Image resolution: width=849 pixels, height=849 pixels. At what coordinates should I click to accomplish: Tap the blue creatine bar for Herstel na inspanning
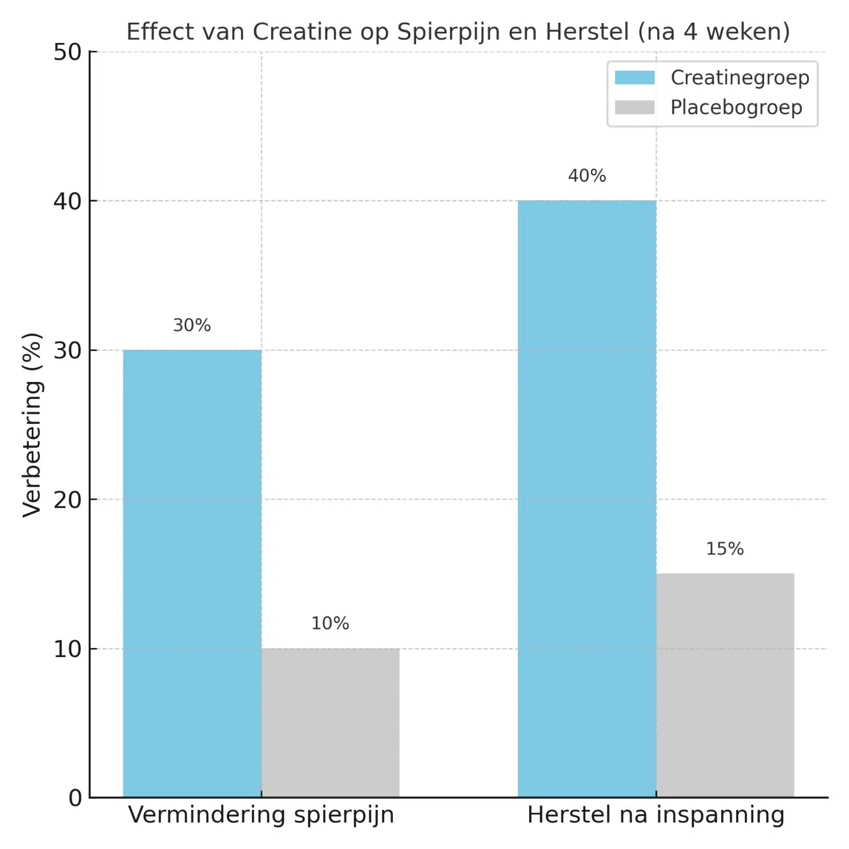tap(587, 498)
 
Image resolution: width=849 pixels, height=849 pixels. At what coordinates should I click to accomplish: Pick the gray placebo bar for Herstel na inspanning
tap(725, 685)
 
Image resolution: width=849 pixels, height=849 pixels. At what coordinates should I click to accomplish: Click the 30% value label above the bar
tap(192, 325)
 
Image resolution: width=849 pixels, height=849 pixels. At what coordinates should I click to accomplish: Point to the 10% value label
tap(330, 624)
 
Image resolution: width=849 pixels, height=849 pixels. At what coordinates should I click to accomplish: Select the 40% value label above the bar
tap(587, 176)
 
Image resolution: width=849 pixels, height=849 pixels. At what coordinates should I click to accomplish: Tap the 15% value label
tap(724, 549)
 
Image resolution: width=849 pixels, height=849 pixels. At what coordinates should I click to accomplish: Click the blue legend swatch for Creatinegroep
tap(634, 78)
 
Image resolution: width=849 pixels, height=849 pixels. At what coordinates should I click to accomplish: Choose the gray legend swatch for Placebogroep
tap(634, 108)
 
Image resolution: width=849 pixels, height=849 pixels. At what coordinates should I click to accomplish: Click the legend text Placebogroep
tap(736, 108)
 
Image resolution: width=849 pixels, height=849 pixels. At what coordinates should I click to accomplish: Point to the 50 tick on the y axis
tap(67, 52)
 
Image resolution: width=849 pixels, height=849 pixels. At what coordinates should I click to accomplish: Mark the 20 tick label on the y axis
tap(67, 500)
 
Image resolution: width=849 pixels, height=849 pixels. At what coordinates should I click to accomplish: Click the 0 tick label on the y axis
tap(75, 798)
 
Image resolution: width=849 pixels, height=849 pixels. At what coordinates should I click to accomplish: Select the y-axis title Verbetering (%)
tap(33, 424)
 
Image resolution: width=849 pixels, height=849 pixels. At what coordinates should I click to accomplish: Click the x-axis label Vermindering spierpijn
tap(261, 815)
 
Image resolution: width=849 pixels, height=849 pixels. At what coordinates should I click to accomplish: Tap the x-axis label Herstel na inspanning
tap(656, 815)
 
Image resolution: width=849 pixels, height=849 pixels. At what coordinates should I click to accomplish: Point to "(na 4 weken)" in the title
tap(714, 32)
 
